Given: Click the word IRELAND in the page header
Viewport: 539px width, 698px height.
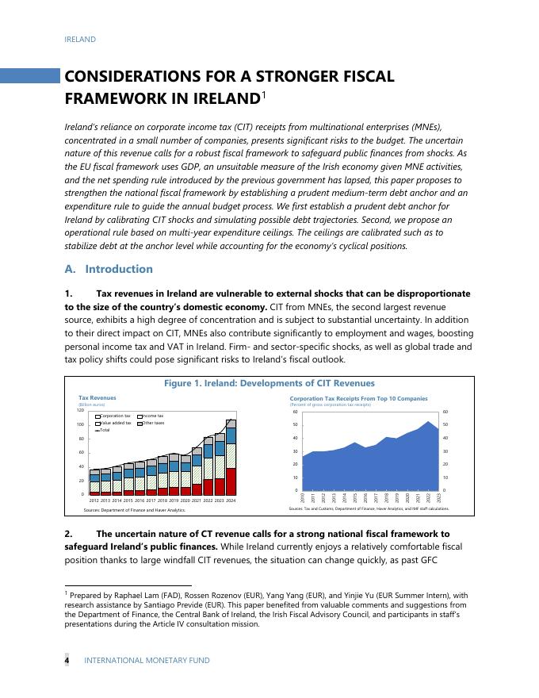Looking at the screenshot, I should [80, 40].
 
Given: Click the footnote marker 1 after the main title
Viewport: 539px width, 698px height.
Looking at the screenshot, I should [264, 95].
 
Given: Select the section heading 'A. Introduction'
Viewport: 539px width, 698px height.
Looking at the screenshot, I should [109, 269].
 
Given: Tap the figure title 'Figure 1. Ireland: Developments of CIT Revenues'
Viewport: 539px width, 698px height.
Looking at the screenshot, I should [269, 384].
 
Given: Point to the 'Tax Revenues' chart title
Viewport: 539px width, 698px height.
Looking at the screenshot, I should [97, 398].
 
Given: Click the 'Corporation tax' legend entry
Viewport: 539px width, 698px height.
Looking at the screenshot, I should [115, 416].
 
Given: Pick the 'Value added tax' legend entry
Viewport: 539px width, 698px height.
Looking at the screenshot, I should [115, 423].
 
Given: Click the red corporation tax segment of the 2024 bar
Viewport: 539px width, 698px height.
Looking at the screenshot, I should [231, 481].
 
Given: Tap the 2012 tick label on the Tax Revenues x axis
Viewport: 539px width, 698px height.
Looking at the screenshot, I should [94, 501].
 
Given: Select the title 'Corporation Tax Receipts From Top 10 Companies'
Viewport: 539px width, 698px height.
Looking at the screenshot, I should [358, 398].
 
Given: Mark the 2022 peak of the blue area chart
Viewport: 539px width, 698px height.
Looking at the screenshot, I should [429, 422].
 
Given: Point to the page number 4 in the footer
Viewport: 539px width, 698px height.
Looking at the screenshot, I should [67, 660].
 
